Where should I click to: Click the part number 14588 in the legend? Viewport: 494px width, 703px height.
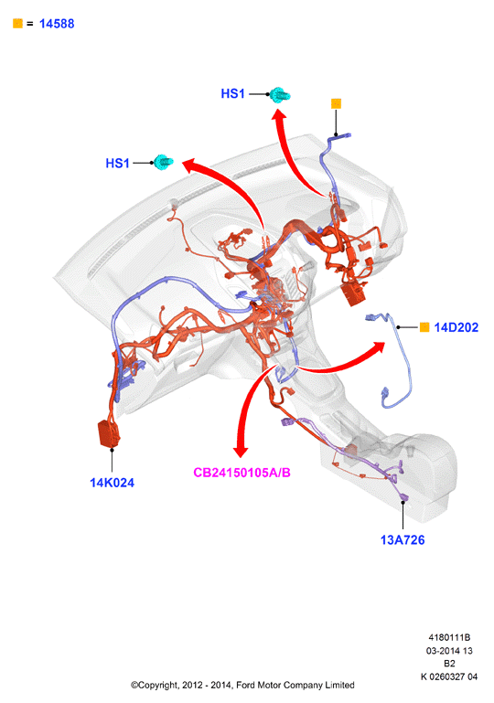coord(57,24)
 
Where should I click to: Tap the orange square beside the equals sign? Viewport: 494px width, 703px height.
coord(18,24)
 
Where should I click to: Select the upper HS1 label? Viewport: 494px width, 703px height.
coord(233,94)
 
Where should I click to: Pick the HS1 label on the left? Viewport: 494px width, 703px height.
coord(118,164)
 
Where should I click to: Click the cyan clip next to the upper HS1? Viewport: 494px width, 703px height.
coord(280,95)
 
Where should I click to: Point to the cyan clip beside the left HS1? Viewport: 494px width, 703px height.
coord(164,162)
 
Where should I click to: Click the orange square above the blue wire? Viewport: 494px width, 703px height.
coord(336,103)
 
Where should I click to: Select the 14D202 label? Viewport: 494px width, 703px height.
coord(456,328)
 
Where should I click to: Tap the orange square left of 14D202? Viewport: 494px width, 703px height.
coord(424,327)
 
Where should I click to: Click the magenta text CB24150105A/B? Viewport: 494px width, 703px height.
coord(242,473)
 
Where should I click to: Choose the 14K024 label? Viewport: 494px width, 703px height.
coord(113,483)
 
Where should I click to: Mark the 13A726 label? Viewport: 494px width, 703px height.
coord(403,539)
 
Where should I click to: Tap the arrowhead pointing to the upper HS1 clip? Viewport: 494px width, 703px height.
coord(279,114)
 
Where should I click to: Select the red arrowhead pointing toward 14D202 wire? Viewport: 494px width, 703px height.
coord(378,347)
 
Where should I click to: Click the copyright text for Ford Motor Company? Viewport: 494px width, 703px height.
coord(242,685)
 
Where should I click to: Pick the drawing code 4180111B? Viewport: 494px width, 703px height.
coord(449,637)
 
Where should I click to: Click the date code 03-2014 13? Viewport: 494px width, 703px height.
coord(449,651)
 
